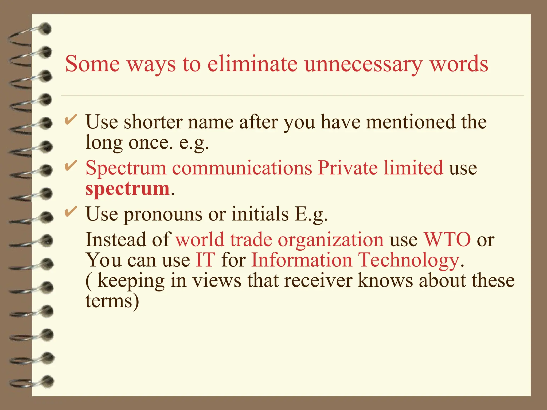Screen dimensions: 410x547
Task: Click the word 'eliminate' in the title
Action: [252, 64]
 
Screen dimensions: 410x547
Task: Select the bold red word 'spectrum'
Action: [128, 188]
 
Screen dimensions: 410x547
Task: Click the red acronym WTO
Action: [447, 239]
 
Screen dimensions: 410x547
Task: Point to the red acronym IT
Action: [205, 260]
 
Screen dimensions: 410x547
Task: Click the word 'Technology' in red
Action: [409, 260]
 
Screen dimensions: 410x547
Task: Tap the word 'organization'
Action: [331, 239]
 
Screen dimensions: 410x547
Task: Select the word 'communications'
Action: [242, 168]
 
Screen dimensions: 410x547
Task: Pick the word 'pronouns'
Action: [163, 214]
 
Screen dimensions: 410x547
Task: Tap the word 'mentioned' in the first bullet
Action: [410, 122]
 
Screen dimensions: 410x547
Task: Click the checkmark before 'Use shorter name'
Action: [71, 119]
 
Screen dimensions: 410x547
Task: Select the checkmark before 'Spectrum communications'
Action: [71, 166]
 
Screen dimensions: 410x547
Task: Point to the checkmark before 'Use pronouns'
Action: [71, 212]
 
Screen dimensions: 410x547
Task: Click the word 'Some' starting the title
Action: [92, 64]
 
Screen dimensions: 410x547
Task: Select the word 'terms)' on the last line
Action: [112, 301]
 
